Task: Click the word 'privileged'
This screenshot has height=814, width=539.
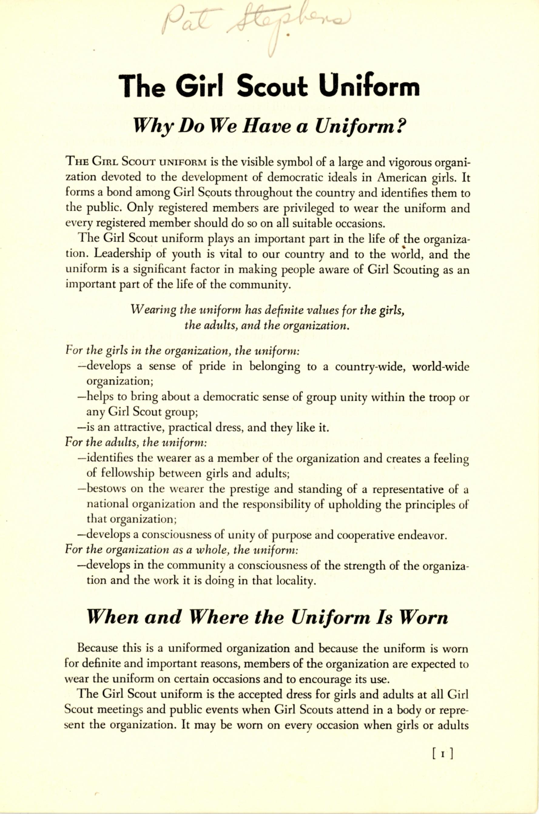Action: point(309,208)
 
